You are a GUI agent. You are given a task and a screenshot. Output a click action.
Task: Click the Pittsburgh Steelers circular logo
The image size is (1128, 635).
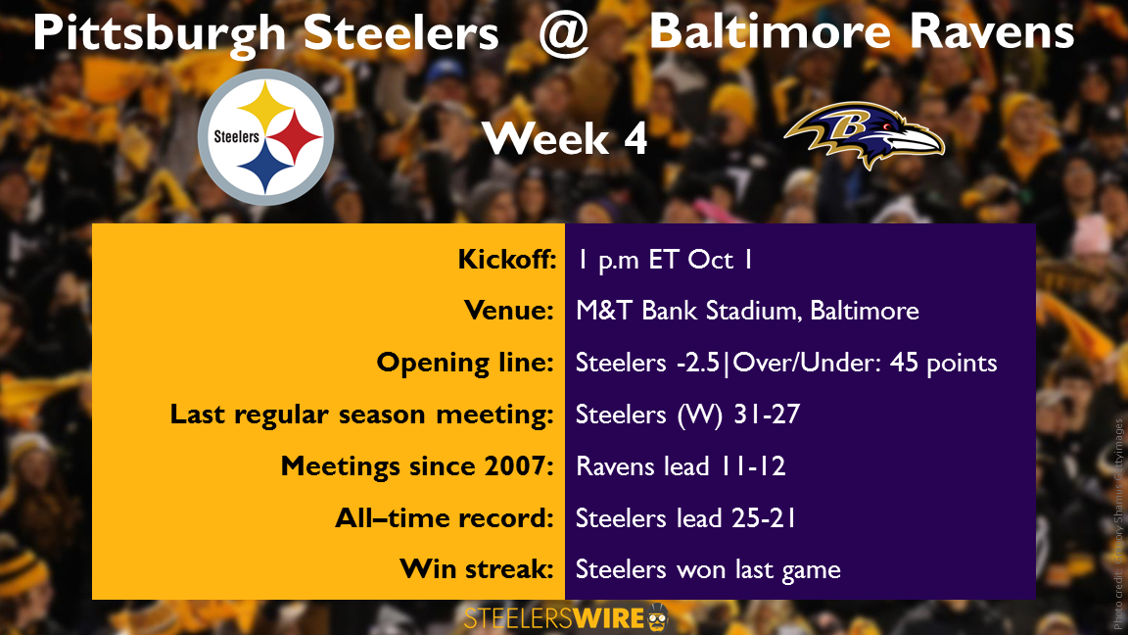265,137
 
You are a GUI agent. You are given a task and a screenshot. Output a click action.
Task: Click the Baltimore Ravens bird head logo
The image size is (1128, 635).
864,134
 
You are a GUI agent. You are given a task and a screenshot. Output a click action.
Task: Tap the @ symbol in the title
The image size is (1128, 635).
564,33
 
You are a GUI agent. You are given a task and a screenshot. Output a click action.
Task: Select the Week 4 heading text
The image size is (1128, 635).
565,138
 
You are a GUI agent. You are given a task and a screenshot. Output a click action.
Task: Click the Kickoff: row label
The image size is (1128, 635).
507,259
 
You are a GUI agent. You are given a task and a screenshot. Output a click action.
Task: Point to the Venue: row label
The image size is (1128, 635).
509,311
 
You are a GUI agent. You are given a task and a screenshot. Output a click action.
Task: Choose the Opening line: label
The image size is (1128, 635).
465,363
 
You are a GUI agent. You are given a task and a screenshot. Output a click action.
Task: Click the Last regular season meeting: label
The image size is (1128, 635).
362,414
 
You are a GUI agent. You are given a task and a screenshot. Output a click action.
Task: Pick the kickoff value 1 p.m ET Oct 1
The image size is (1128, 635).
665,260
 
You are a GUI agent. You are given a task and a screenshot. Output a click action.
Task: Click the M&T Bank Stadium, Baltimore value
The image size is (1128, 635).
747,311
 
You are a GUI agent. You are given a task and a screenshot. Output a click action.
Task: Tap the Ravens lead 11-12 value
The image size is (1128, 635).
681,465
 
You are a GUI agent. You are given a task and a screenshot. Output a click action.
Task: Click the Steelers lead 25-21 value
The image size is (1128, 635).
685,517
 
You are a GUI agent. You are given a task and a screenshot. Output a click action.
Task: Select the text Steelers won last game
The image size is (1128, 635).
708,569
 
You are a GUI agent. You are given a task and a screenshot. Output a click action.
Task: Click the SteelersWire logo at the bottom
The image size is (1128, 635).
566,617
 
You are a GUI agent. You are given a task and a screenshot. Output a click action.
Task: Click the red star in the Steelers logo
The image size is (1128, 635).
295,137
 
